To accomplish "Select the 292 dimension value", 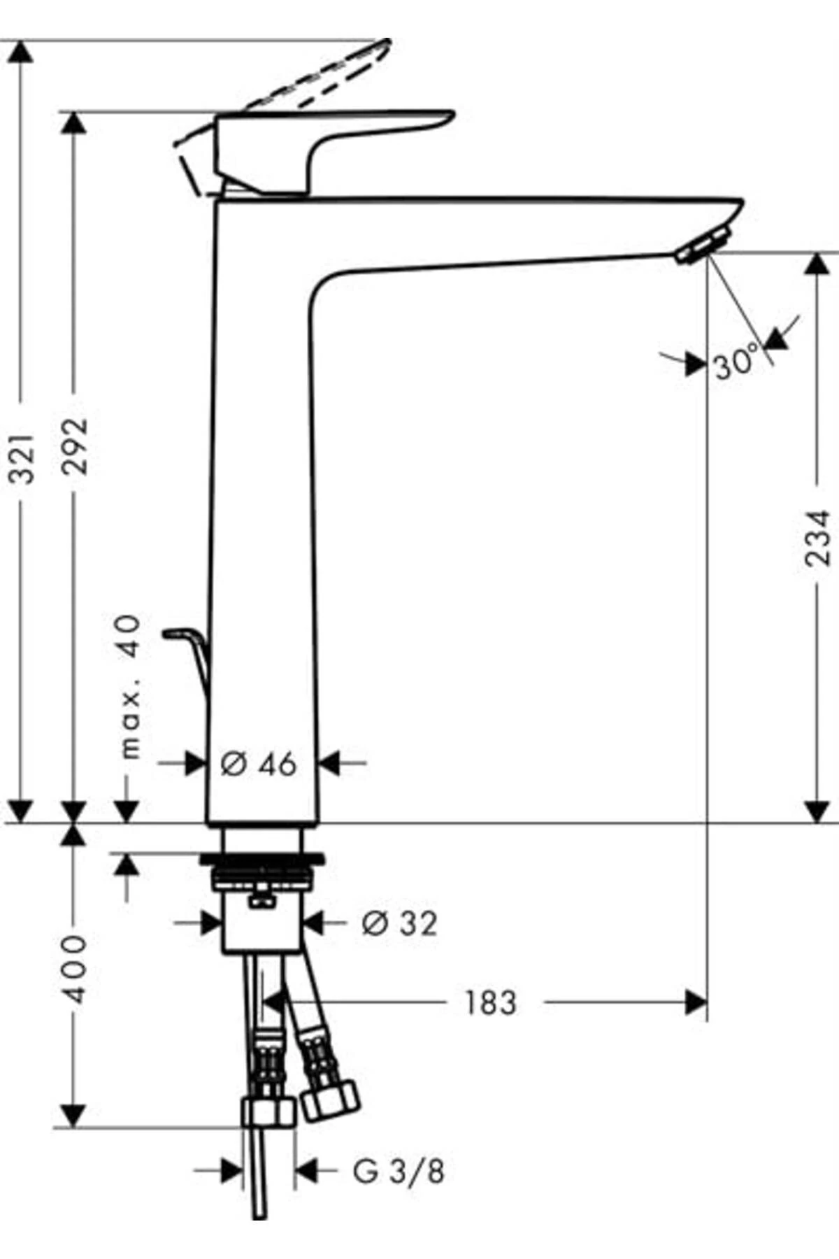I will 75,446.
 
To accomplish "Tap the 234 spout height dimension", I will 817,537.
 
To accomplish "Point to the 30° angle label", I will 736,362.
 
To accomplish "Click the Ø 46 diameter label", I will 259,764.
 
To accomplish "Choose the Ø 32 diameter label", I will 399,923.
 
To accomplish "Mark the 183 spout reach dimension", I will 490,1002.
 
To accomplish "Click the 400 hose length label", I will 75,968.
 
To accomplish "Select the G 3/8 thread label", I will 399,1172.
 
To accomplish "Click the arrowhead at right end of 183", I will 696,1002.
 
